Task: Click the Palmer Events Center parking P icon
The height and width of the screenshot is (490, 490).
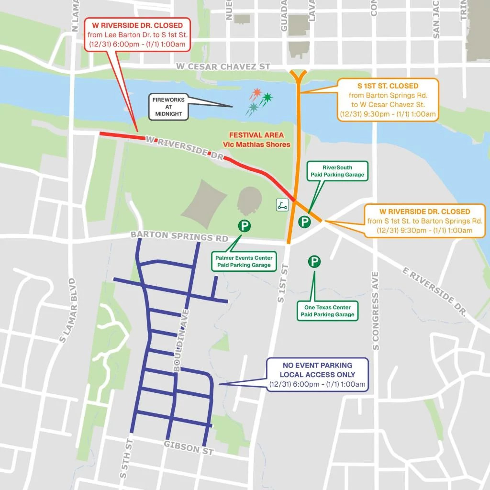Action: click(245, 226)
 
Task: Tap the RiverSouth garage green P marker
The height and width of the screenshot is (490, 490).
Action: click(304, 222)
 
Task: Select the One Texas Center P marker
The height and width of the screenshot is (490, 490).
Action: click(314, 261)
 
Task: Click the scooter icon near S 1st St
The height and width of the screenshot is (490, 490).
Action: click(282, 205)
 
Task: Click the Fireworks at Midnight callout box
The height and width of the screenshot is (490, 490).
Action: click(168, 107)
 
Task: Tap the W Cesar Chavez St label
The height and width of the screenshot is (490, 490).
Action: click(223, 67)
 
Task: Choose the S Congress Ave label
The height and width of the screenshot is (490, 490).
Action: click(375, 311)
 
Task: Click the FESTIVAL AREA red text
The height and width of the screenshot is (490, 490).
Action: click(256, 135)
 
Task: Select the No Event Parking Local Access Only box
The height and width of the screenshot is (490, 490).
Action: click(317, 375)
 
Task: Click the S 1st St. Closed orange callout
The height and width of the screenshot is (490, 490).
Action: click(388, 100)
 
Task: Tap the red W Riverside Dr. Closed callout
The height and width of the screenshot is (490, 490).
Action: click(137, 34)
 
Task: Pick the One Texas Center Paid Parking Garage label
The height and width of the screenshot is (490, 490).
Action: click(327, 311)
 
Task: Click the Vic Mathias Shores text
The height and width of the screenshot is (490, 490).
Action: click(256, 145)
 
